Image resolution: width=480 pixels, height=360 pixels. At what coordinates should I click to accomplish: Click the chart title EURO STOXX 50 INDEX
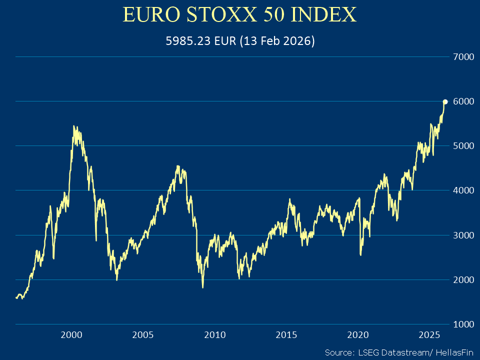pos(239,14)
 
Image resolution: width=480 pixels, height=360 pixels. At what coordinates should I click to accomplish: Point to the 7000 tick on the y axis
pos(463,57)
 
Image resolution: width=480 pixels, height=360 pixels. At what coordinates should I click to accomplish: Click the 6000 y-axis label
pos(463,101)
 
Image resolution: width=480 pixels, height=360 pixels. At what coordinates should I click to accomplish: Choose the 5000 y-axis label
pos(463,146)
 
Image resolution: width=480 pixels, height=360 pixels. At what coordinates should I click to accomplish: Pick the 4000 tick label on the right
pos(463,190)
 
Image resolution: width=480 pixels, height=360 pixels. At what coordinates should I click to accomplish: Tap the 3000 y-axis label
pos(463,235)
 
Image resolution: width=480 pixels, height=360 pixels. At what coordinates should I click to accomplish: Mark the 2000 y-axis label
pos(463,279)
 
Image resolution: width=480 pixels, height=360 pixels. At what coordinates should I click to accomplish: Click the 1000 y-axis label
pos(463,324)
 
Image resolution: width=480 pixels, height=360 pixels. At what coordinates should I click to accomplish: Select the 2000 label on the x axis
pos(71,334)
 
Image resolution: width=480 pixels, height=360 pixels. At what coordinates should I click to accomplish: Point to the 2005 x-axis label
pos(143,334)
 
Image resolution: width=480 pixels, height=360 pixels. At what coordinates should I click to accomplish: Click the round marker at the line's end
pos(445,102)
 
